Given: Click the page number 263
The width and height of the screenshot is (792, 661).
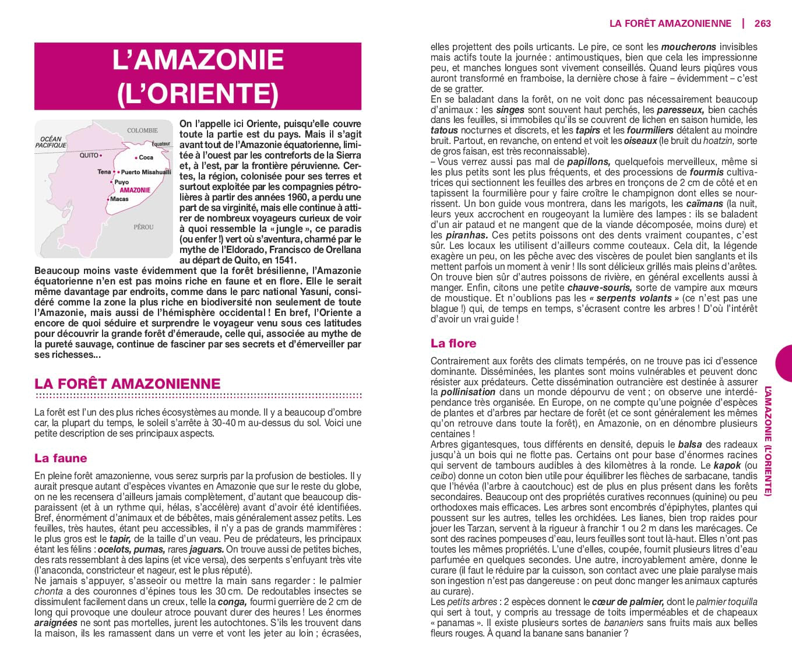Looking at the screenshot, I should pos(762,23).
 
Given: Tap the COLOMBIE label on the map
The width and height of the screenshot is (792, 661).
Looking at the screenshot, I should pos(142,131).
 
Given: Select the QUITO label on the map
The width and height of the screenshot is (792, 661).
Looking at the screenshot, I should pos(89,156).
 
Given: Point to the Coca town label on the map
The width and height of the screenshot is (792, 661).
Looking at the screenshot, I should pos(146,157).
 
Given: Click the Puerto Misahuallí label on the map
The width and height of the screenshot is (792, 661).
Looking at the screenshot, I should pos(146,172).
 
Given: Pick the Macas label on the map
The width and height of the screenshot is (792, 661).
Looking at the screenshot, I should pos(119,199).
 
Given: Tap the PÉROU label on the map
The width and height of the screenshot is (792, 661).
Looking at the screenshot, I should pos(143,227).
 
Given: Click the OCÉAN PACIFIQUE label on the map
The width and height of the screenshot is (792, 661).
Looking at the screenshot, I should pos(51,142).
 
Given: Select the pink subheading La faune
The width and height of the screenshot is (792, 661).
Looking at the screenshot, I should pos(61,458).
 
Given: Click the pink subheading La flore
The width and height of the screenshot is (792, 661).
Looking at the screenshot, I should pos(453,343).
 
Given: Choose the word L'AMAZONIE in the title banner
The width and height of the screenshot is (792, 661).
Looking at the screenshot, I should pos(198,60).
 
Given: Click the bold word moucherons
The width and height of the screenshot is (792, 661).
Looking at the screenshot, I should pos(688,47).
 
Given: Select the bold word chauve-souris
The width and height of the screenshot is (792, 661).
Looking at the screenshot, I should pos(600,287).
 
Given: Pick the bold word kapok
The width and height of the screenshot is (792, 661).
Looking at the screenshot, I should pos(727,465).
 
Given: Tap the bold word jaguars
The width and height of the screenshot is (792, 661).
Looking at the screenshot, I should pos(206,549).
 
